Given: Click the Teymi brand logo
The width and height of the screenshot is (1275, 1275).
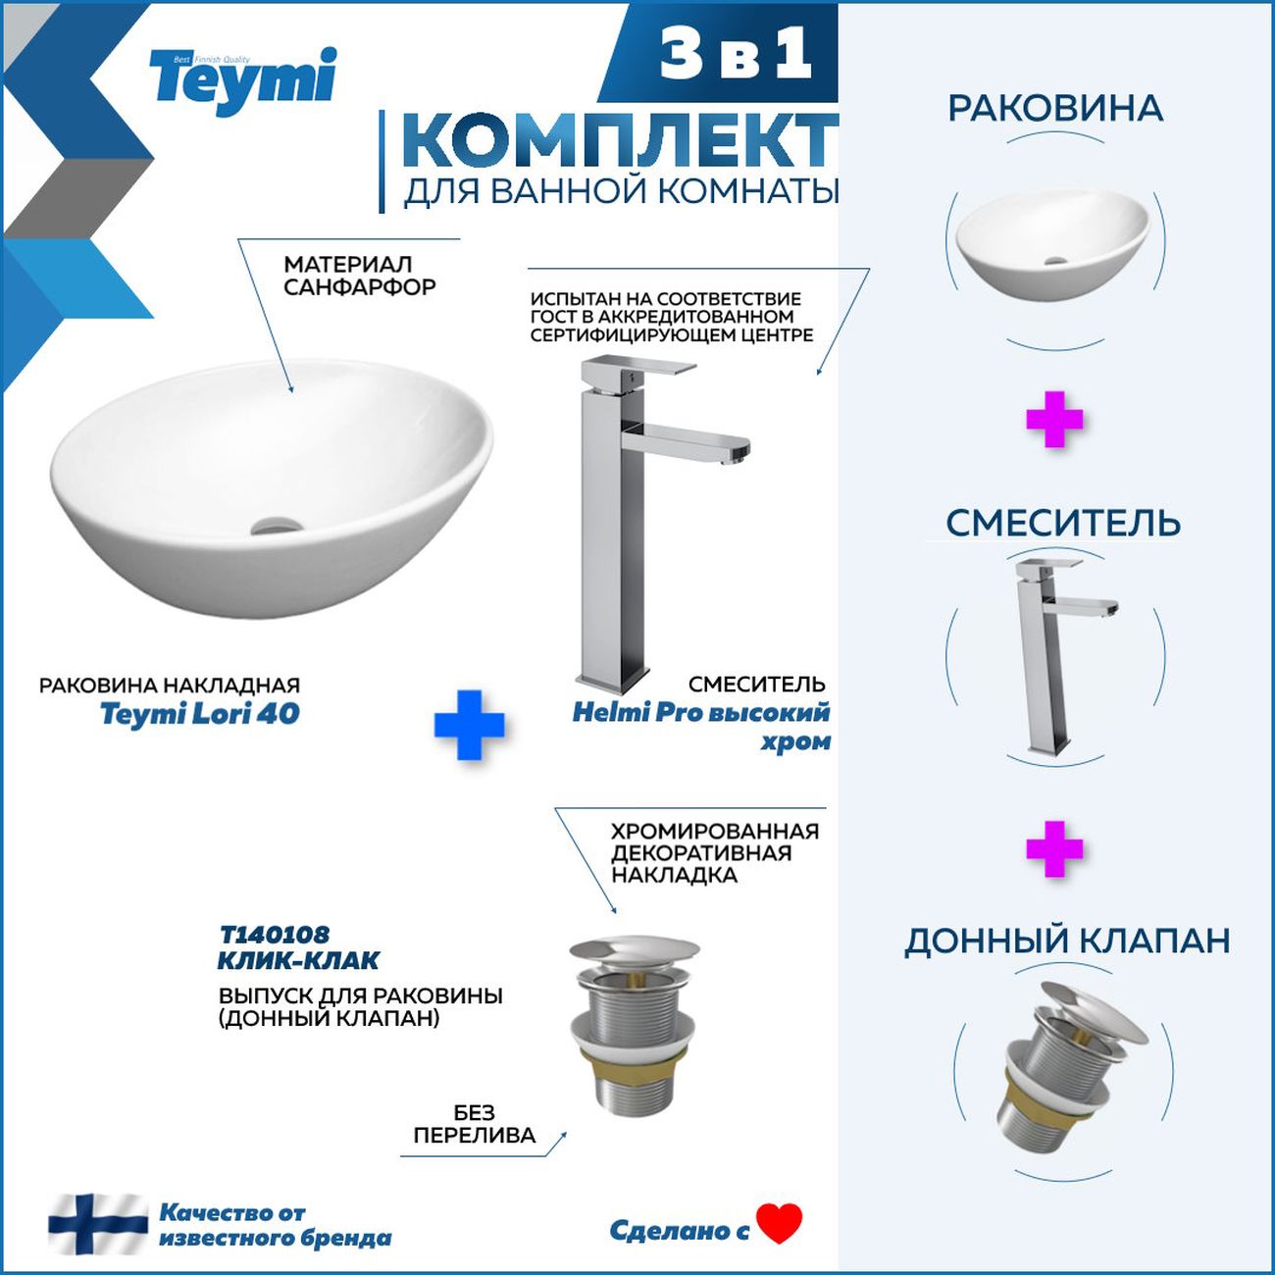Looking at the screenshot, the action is tap(243, 80).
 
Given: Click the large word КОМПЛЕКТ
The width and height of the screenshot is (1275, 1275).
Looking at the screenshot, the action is tap(619, 142).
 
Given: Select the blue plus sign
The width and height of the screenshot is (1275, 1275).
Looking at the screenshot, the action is tap(469, 725).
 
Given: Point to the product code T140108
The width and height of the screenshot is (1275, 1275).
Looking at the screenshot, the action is tap(274, 935).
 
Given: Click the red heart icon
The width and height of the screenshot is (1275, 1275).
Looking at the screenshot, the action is tap(780, 1223).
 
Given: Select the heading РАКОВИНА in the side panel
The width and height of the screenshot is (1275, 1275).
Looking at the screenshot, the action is tap(1055, 109).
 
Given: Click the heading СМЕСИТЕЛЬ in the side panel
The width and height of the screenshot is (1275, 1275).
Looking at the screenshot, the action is tap(1062, 523).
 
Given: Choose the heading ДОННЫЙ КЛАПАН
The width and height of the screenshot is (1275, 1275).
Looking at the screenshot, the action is tap(1067, 941).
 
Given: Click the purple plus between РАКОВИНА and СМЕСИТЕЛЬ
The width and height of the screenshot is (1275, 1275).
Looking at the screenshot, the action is tap(1054, 420).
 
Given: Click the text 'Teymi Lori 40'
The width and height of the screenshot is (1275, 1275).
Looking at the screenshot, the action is tap(200, 713).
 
